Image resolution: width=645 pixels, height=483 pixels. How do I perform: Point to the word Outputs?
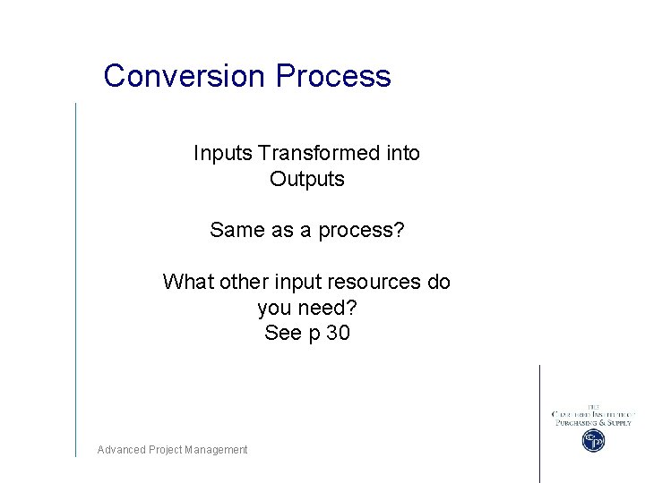coord(307,179)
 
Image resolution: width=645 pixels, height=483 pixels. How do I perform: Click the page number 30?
coord(338,334)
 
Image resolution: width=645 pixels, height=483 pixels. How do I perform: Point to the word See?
coord(283,334)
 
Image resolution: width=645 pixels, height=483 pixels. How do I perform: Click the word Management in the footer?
coord(216,450)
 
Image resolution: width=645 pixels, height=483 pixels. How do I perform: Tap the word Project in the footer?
coord(166,450)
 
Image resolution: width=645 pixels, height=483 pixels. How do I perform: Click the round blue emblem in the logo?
coord(593,440)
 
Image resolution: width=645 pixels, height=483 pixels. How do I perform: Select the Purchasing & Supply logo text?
coord(592,422)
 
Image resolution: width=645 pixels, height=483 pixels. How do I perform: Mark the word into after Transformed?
coord(403,153)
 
